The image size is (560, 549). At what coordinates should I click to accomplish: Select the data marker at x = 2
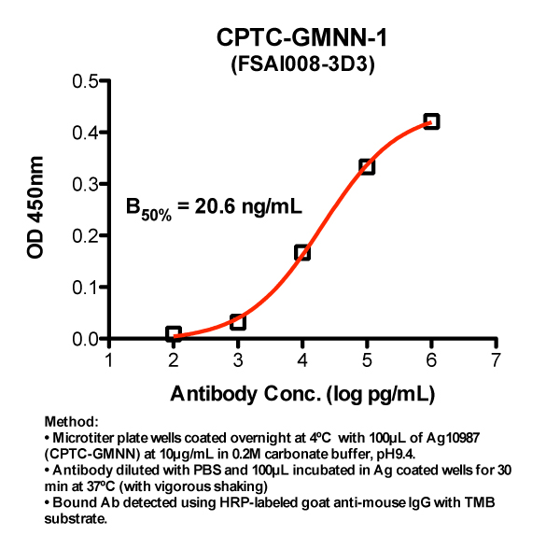coord(174,334)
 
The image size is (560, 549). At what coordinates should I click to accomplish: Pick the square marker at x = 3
coord(238,322)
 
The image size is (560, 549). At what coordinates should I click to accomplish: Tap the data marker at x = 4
coord(302,252)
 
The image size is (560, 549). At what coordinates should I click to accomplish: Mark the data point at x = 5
coord(367,166)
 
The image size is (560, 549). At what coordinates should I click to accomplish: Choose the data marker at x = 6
coord(431,121)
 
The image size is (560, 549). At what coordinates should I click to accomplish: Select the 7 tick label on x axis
coord(496,361)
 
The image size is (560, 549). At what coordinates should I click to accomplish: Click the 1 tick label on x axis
coord(109,361)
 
